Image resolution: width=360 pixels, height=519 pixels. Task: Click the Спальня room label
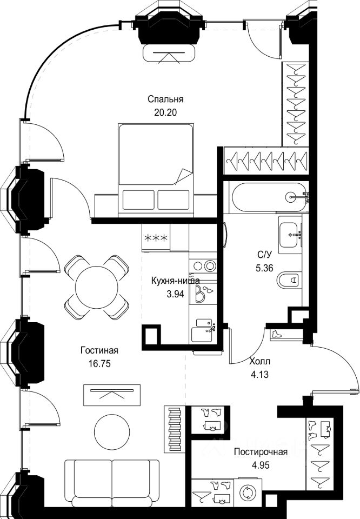(166, 99)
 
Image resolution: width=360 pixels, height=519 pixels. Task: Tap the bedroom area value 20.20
(166, 113)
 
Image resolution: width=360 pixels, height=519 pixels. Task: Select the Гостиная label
(99, 351)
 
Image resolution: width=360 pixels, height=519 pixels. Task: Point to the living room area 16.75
(99, 364)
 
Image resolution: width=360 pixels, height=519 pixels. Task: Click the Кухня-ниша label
(176, 281)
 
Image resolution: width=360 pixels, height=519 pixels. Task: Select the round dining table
(97, 287)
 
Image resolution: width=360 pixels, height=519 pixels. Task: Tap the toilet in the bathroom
(289, 281)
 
